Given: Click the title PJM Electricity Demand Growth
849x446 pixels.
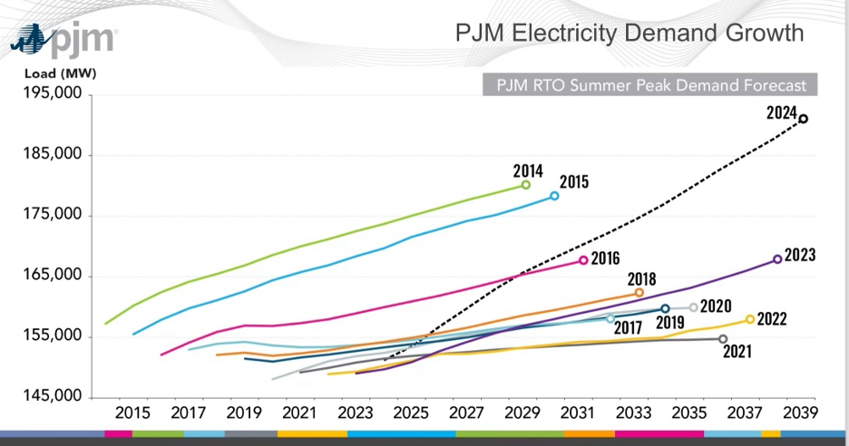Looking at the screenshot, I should click(x=629, y=34).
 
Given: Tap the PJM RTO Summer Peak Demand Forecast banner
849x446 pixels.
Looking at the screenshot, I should click(x=650, y=85).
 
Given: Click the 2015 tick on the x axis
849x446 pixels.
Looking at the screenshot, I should click(x=132, y=412).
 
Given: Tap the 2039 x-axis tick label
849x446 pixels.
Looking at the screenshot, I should click(x=802, y=412).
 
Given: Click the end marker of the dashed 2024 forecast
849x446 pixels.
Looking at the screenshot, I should click(x=803, y=119).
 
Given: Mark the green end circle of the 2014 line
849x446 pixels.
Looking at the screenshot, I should click(x=526, y=185).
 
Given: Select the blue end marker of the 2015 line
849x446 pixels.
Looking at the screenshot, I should click(x=554, y=196).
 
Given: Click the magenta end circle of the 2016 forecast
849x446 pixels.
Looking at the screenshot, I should click(x=583, y=260).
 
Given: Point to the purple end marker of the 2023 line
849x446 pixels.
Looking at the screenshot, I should click(x=777, y=259).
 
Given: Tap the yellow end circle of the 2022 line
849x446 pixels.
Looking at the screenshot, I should click(x=750, y=319).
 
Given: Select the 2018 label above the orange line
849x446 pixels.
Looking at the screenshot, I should click(x=640, y=279).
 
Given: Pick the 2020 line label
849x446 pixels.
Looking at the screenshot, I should click(x=717, y=306).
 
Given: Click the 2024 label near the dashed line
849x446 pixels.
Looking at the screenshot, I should click(x=780, y=113).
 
